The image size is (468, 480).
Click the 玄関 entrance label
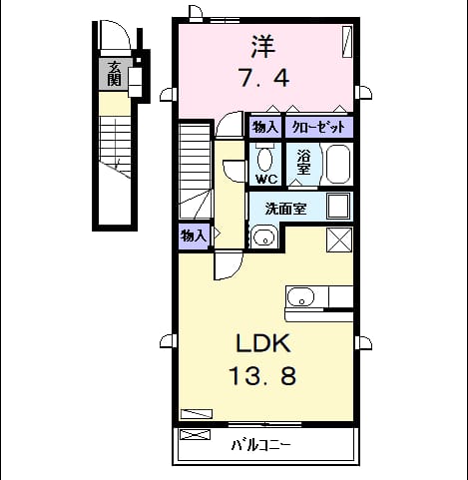[114, 74]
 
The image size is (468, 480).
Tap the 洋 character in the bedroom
[263, 46]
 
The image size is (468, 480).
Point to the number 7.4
[264, 79]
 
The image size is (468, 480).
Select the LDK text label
[263, 343]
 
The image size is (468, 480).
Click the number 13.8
[263, 376]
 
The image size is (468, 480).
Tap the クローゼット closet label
[318, 127]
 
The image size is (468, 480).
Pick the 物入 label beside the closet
[264, 127]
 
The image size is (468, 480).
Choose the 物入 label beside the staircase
[194, 236]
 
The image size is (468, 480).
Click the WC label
[266, 180]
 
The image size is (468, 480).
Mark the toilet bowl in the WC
[265, 160]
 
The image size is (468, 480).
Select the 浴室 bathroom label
[303, 162]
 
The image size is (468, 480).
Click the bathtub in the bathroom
[338, 165]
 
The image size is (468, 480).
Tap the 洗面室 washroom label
[285, 209]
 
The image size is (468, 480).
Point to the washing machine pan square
[338, 207]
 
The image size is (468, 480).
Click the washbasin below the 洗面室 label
[264, 237]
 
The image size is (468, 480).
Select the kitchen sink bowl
[300, 296]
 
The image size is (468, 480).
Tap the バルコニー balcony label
[261, 445]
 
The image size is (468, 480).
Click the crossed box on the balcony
[196, 434]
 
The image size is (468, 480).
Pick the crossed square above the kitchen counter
[339, 240]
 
